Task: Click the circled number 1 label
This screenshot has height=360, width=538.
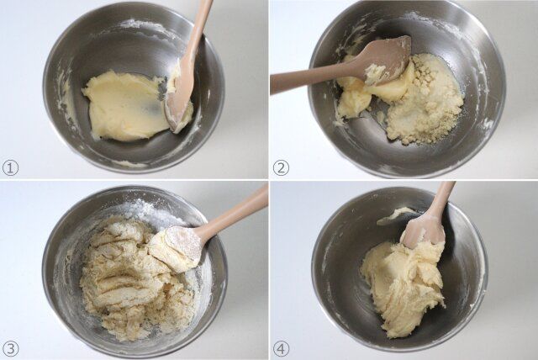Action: pos(10,168)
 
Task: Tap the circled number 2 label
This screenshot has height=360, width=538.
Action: pos(281,168)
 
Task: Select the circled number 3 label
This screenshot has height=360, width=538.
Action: pos(10,349)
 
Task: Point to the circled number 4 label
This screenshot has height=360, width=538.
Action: pos(281,349)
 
